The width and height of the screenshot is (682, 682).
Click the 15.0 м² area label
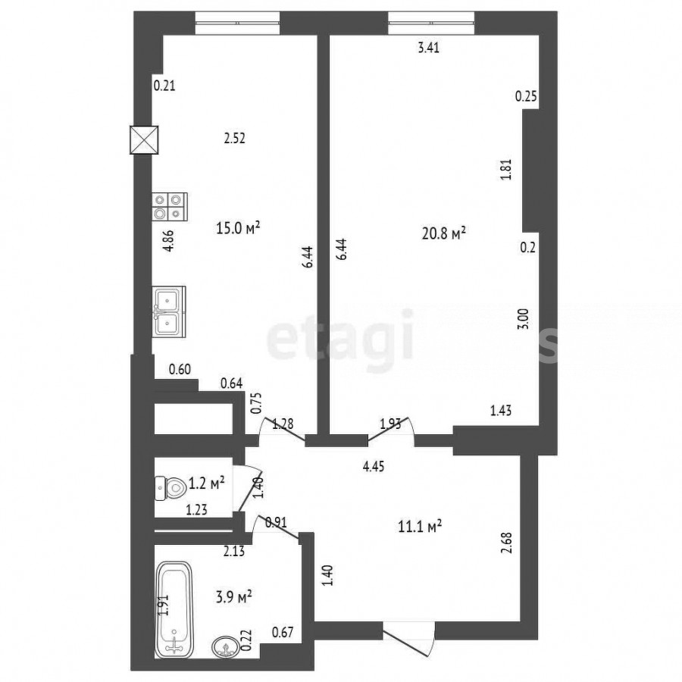(x=238, y=227)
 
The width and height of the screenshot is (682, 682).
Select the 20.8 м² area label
(x=443, y=233)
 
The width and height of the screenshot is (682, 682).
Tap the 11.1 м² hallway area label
(x=420, y=527)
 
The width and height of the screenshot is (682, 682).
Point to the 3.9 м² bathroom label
(x=234, y=597)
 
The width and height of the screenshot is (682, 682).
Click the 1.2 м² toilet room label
(x=207, y=483)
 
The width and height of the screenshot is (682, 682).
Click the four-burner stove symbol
(x=170, y=207)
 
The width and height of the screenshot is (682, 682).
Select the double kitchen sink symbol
(x=169, y=311)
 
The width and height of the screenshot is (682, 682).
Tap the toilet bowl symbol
(x=171, y=489)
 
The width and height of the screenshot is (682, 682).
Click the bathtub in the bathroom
(x=174, y=609)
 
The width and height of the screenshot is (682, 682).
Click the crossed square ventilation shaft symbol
(x=144, y=139)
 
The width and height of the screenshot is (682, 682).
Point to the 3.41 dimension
(x=428, y=48)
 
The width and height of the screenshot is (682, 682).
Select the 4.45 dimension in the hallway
(x=374, y=467)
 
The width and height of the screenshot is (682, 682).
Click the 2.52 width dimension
(x=234, y=139)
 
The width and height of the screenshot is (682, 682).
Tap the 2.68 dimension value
(x=507, y=543)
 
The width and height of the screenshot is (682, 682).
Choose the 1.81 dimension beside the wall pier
(x=506, y=170)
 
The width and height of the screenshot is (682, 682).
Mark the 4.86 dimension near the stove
(x=168, y=240)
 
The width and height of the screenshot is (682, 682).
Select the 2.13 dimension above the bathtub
(x=234, y=552)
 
